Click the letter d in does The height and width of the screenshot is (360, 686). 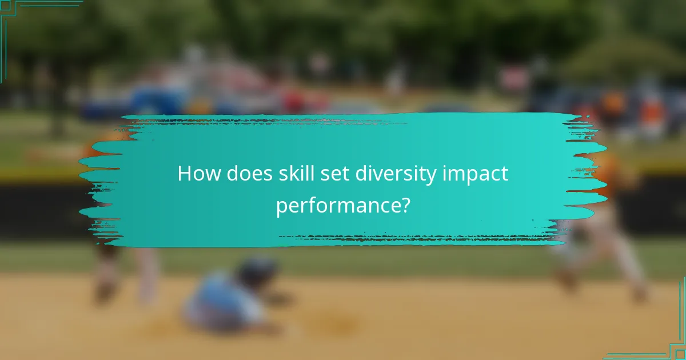(232, 173)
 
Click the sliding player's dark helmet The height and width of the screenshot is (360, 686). (257, 271)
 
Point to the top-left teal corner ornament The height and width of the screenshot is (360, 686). (11, 11)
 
